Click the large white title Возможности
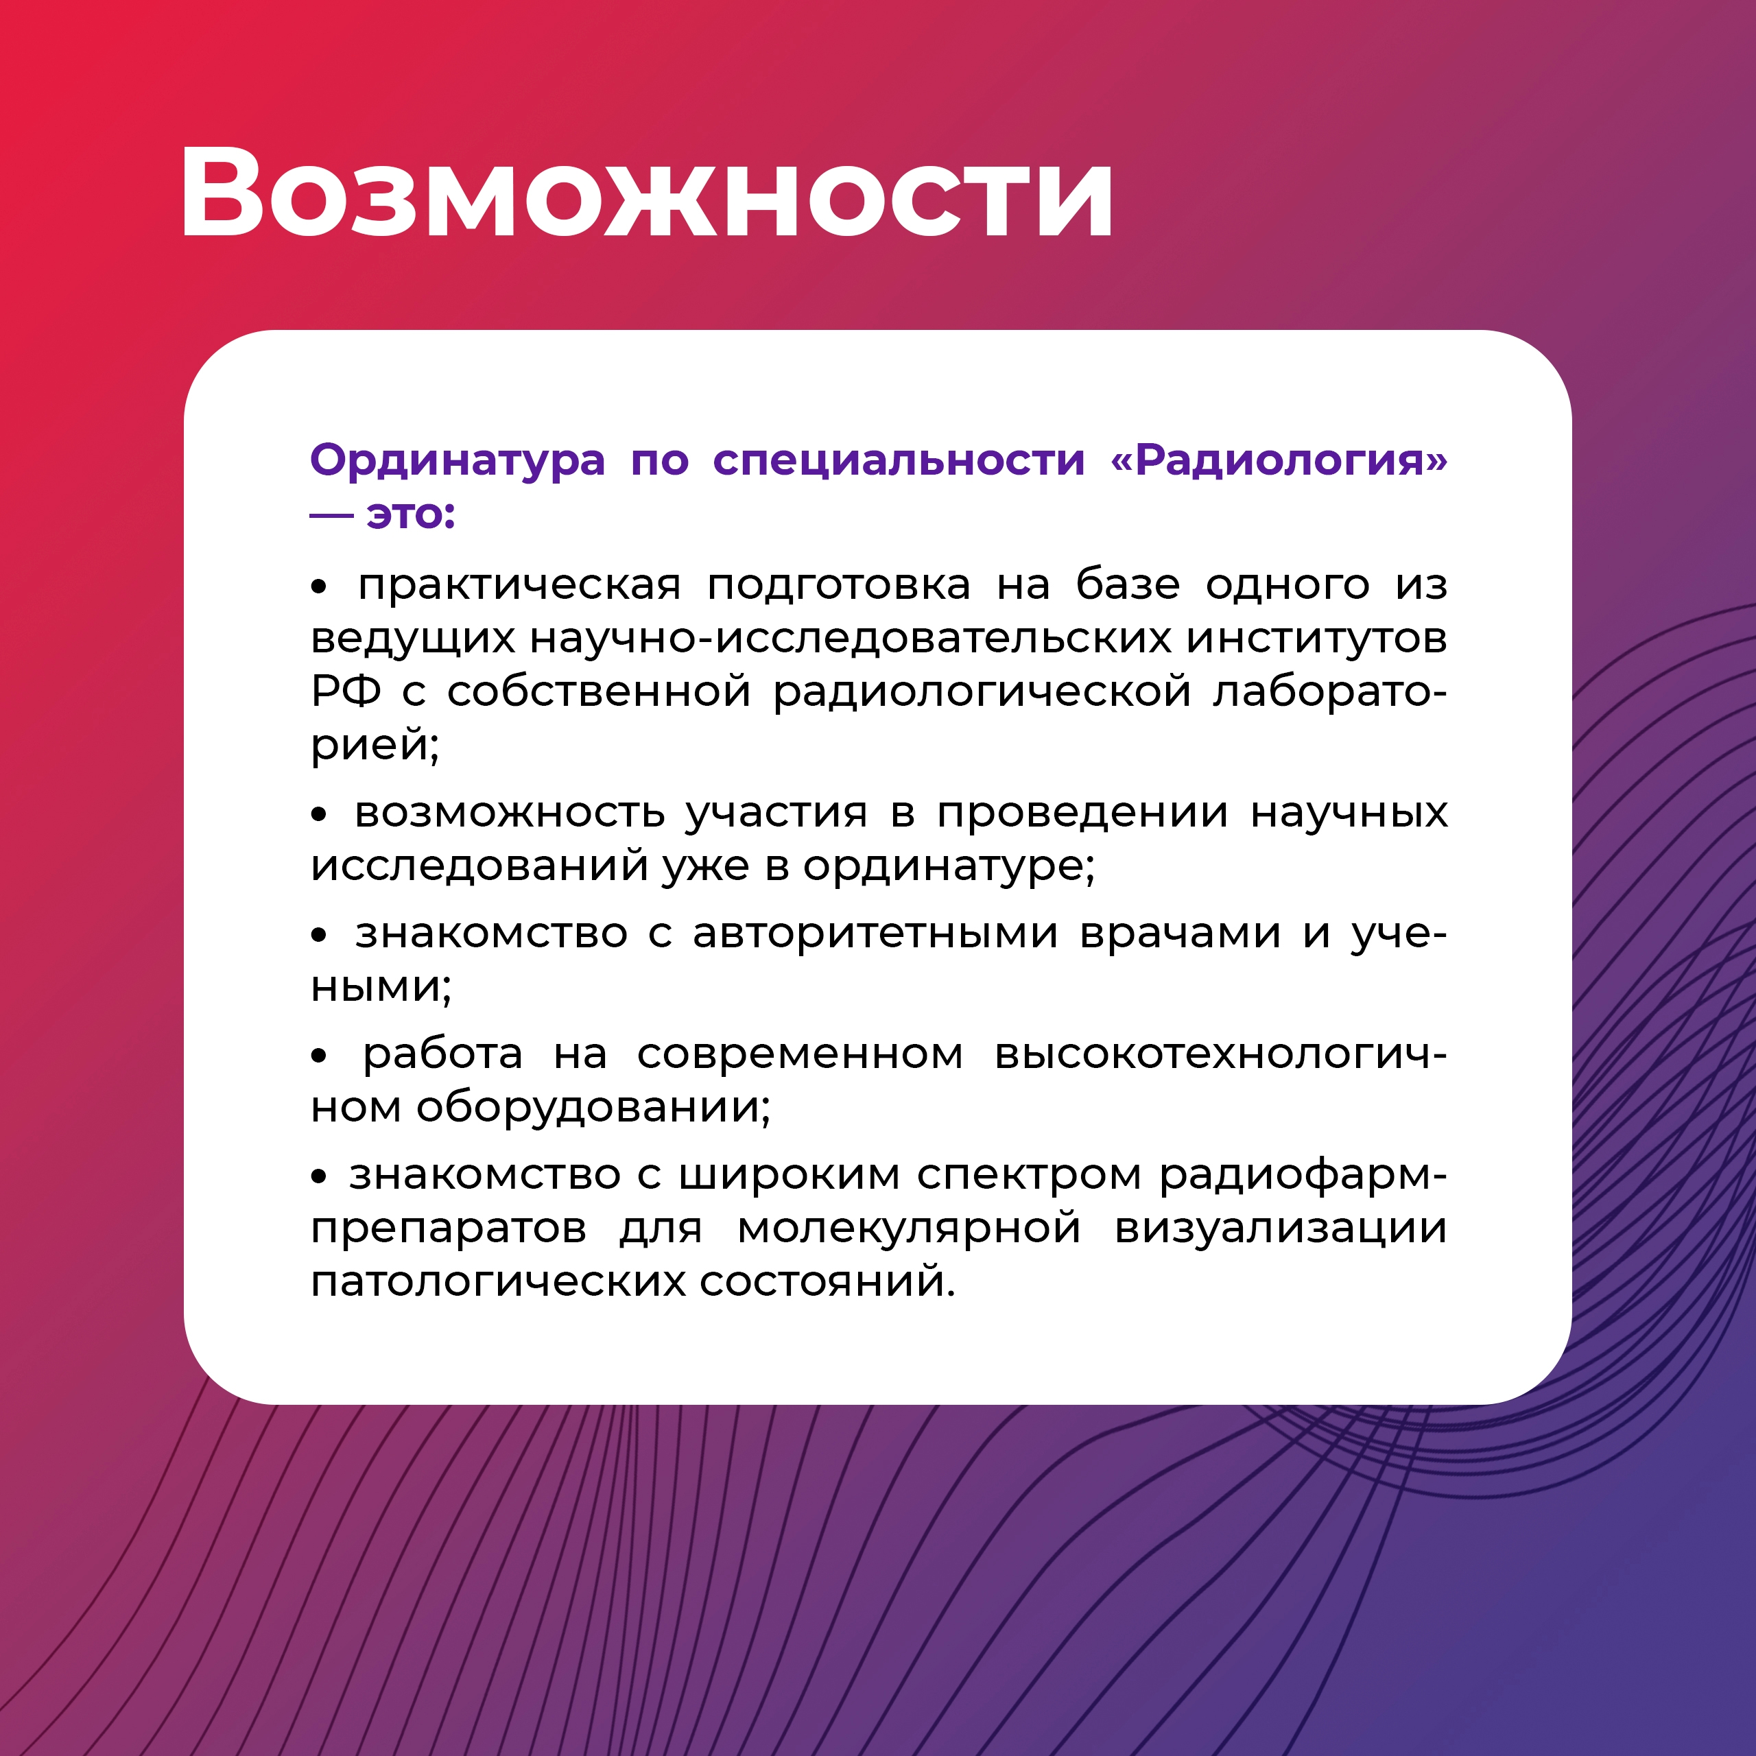(646, 193)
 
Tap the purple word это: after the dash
(411, 514)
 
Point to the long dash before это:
(332, 517)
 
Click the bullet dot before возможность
(318, 816)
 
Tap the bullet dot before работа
(318, 1057)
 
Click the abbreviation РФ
(346, 691)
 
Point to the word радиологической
(982, 693)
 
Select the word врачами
(1180, 934)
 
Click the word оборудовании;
(593, 1107)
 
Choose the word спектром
(1029, 1176)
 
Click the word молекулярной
(909, 1230)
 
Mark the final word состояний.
(827, 1283)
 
